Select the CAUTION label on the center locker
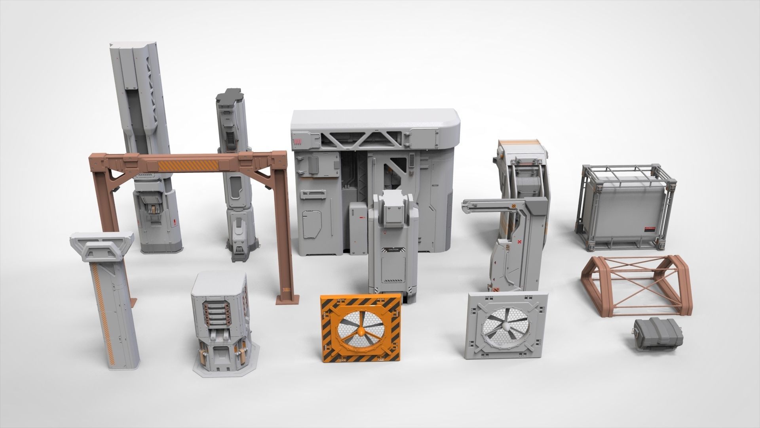click(393, 249)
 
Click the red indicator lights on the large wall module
click(298, 141)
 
